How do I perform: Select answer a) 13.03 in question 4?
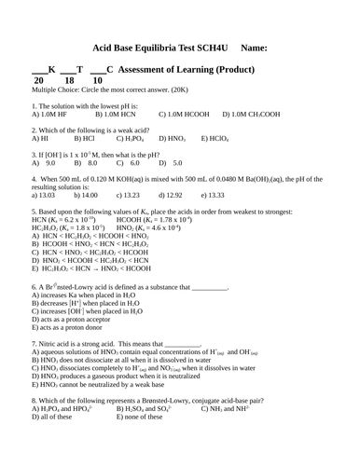click(x=44, y=195)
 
